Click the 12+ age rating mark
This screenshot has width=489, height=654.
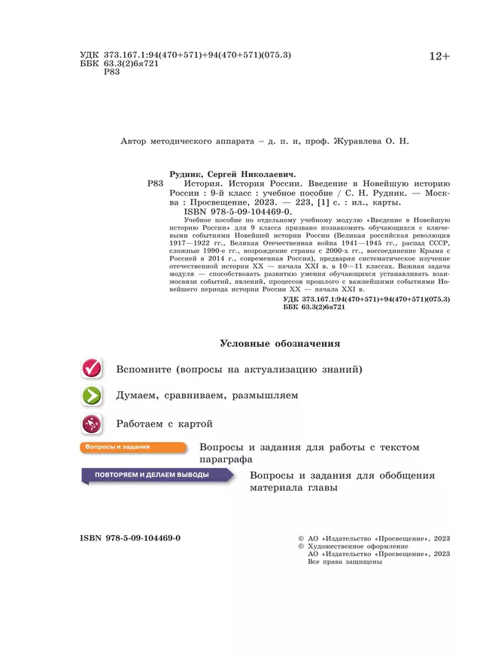click(x=439, y=56)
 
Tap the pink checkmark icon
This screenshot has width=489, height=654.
click(x=92, y=369)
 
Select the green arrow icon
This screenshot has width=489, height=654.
click(x=92, y=396)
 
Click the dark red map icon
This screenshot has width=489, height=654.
click(x=92, y=424)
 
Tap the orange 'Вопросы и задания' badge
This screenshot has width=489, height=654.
click(x=132, y=448)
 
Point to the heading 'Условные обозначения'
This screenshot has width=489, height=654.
click(x=280, y=344)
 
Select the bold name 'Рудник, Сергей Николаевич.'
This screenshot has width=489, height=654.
click(x=233, y=173)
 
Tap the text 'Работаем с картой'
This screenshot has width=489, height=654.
click(x=165, y=424)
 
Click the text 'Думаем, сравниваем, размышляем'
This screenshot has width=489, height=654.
click(x=207, y=396)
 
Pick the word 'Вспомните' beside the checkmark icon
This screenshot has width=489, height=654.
click(x=144, y=370)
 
